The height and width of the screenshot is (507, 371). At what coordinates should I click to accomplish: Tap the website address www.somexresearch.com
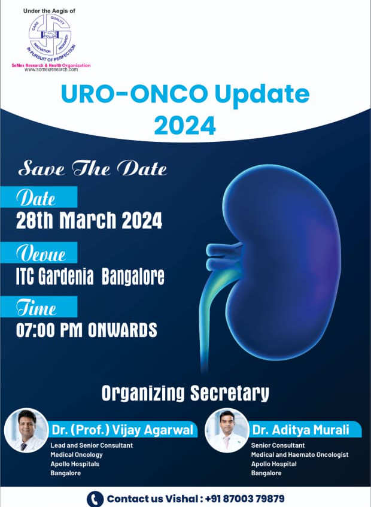51,69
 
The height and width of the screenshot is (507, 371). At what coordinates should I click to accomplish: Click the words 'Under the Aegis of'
49,11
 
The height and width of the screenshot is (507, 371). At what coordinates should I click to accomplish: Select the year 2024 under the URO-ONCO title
185,126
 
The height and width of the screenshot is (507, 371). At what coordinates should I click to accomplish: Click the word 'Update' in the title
261,95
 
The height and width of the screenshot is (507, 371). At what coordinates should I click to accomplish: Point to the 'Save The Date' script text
92,169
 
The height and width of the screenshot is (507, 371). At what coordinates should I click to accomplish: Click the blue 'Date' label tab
39,197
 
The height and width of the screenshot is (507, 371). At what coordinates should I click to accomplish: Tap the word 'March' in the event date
87,220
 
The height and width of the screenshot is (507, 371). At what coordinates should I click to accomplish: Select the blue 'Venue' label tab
39,253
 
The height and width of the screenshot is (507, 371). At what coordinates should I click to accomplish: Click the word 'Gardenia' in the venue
66,277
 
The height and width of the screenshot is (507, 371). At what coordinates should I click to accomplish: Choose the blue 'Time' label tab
39,307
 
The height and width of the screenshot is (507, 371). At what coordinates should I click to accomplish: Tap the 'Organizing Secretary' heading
185,393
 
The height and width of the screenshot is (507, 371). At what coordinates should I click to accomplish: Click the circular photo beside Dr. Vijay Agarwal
26,430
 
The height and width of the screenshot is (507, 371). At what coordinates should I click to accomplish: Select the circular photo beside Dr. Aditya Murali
227,430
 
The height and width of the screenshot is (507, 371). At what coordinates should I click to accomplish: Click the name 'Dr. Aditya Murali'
300,430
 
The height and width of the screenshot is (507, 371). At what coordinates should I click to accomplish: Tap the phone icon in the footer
95,499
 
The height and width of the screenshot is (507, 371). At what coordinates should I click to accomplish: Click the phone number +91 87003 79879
245,499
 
